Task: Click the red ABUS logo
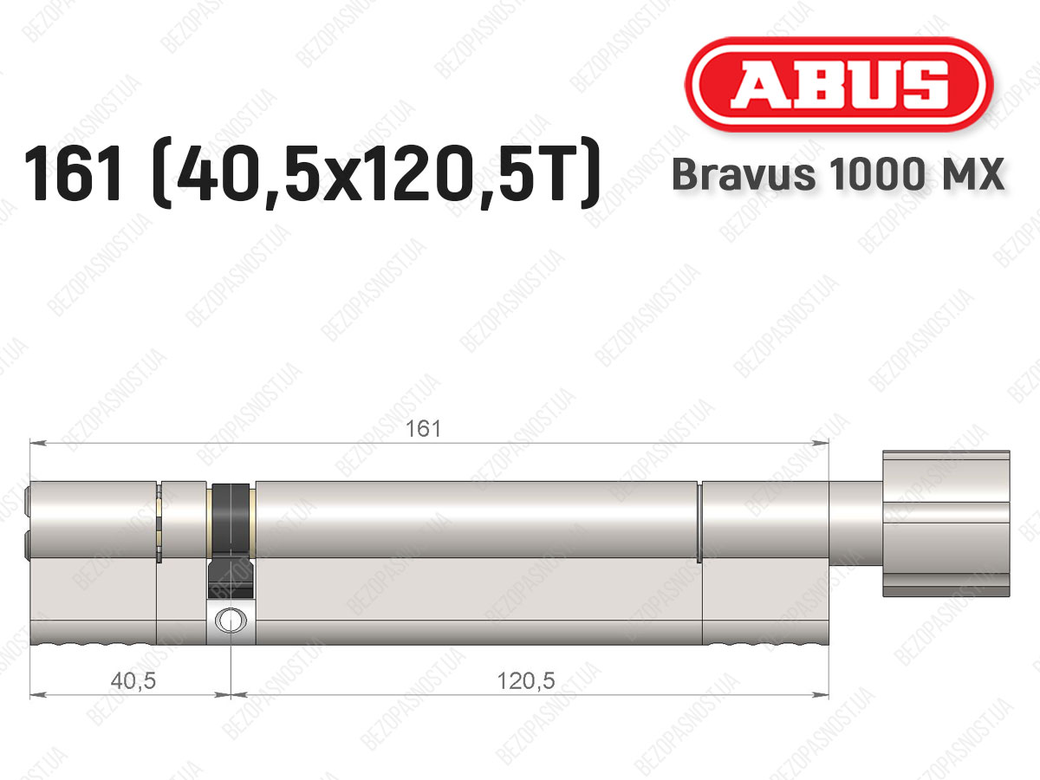(839, 84)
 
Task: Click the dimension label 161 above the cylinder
(424, 429)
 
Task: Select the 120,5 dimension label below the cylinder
(526, 681)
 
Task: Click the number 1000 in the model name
(877, 174)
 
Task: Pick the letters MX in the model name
(971, 174)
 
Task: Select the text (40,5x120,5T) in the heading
(376, 173)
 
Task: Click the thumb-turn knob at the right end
(946, 523)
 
